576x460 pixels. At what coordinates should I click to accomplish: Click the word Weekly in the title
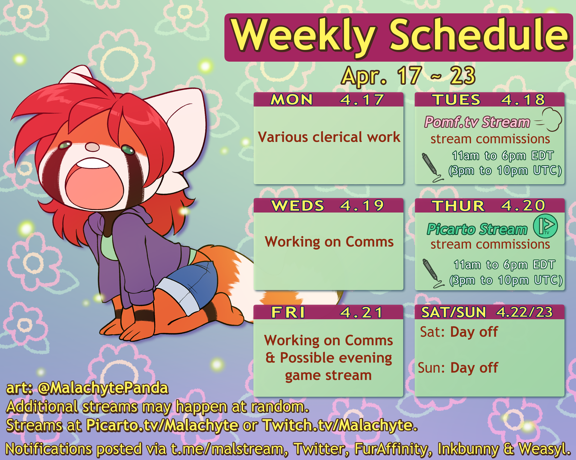click(303, 36)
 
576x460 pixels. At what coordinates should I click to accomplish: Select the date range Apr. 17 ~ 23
click(408, 76)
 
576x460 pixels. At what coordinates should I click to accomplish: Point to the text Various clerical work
click(329, 137)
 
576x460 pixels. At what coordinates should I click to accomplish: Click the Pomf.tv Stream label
click(477, 122)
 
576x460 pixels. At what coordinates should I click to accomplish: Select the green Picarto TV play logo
click(545, 226)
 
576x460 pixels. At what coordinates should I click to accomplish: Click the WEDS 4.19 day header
click(328, 205)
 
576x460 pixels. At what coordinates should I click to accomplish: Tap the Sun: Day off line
click(458, 368)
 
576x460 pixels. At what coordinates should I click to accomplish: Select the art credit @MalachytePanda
click(103, 388)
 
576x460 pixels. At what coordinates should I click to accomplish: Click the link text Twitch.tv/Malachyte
click(340, 425)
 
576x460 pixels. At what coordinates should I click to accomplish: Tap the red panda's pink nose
click(92, 147)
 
